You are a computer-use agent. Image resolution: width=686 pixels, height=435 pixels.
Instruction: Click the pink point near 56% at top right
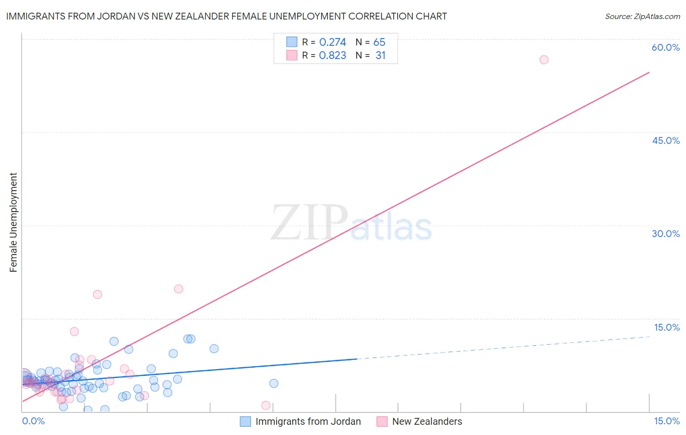coord(544,59)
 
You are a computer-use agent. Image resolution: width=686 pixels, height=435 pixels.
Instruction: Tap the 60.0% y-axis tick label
coord(666,47)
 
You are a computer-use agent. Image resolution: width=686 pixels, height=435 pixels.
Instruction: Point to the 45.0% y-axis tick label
coord(666,140)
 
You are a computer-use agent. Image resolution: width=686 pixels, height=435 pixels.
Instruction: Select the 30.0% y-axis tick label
coord(666,234)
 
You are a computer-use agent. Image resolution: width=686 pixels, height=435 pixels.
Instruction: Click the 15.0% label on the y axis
coord(666,327)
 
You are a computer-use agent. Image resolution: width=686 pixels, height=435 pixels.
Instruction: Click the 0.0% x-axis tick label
coord(34,421)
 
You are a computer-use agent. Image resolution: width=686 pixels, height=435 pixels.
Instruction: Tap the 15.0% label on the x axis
coord(666,421)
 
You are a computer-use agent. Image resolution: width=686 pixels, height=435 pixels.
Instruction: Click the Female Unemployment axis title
coord(13,222)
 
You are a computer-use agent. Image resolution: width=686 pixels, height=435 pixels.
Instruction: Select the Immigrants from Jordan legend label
coord(308,421)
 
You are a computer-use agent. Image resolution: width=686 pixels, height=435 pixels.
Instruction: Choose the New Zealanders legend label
coord(427,421)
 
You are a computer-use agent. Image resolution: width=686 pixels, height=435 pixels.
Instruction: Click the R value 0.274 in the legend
coord(332,42)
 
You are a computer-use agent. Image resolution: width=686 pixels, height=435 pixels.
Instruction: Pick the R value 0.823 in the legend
coord(332,56)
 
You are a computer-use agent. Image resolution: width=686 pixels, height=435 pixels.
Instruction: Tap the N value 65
coord(379,42)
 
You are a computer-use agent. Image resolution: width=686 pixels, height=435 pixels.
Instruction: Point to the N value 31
coord(381,56)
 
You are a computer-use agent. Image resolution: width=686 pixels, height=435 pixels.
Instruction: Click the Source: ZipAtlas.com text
coord(642,17)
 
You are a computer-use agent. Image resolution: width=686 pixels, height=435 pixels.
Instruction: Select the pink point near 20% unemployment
coord(179,289)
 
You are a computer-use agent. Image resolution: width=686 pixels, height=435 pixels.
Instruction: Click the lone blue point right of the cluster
coord(274,383)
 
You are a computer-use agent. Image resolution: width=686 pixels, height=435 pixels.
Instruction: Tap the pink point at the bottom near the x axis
coord(266,405)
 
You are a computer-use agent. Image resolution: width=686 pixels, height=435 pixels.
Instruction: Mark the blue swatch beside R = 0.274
coord(292,42)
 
